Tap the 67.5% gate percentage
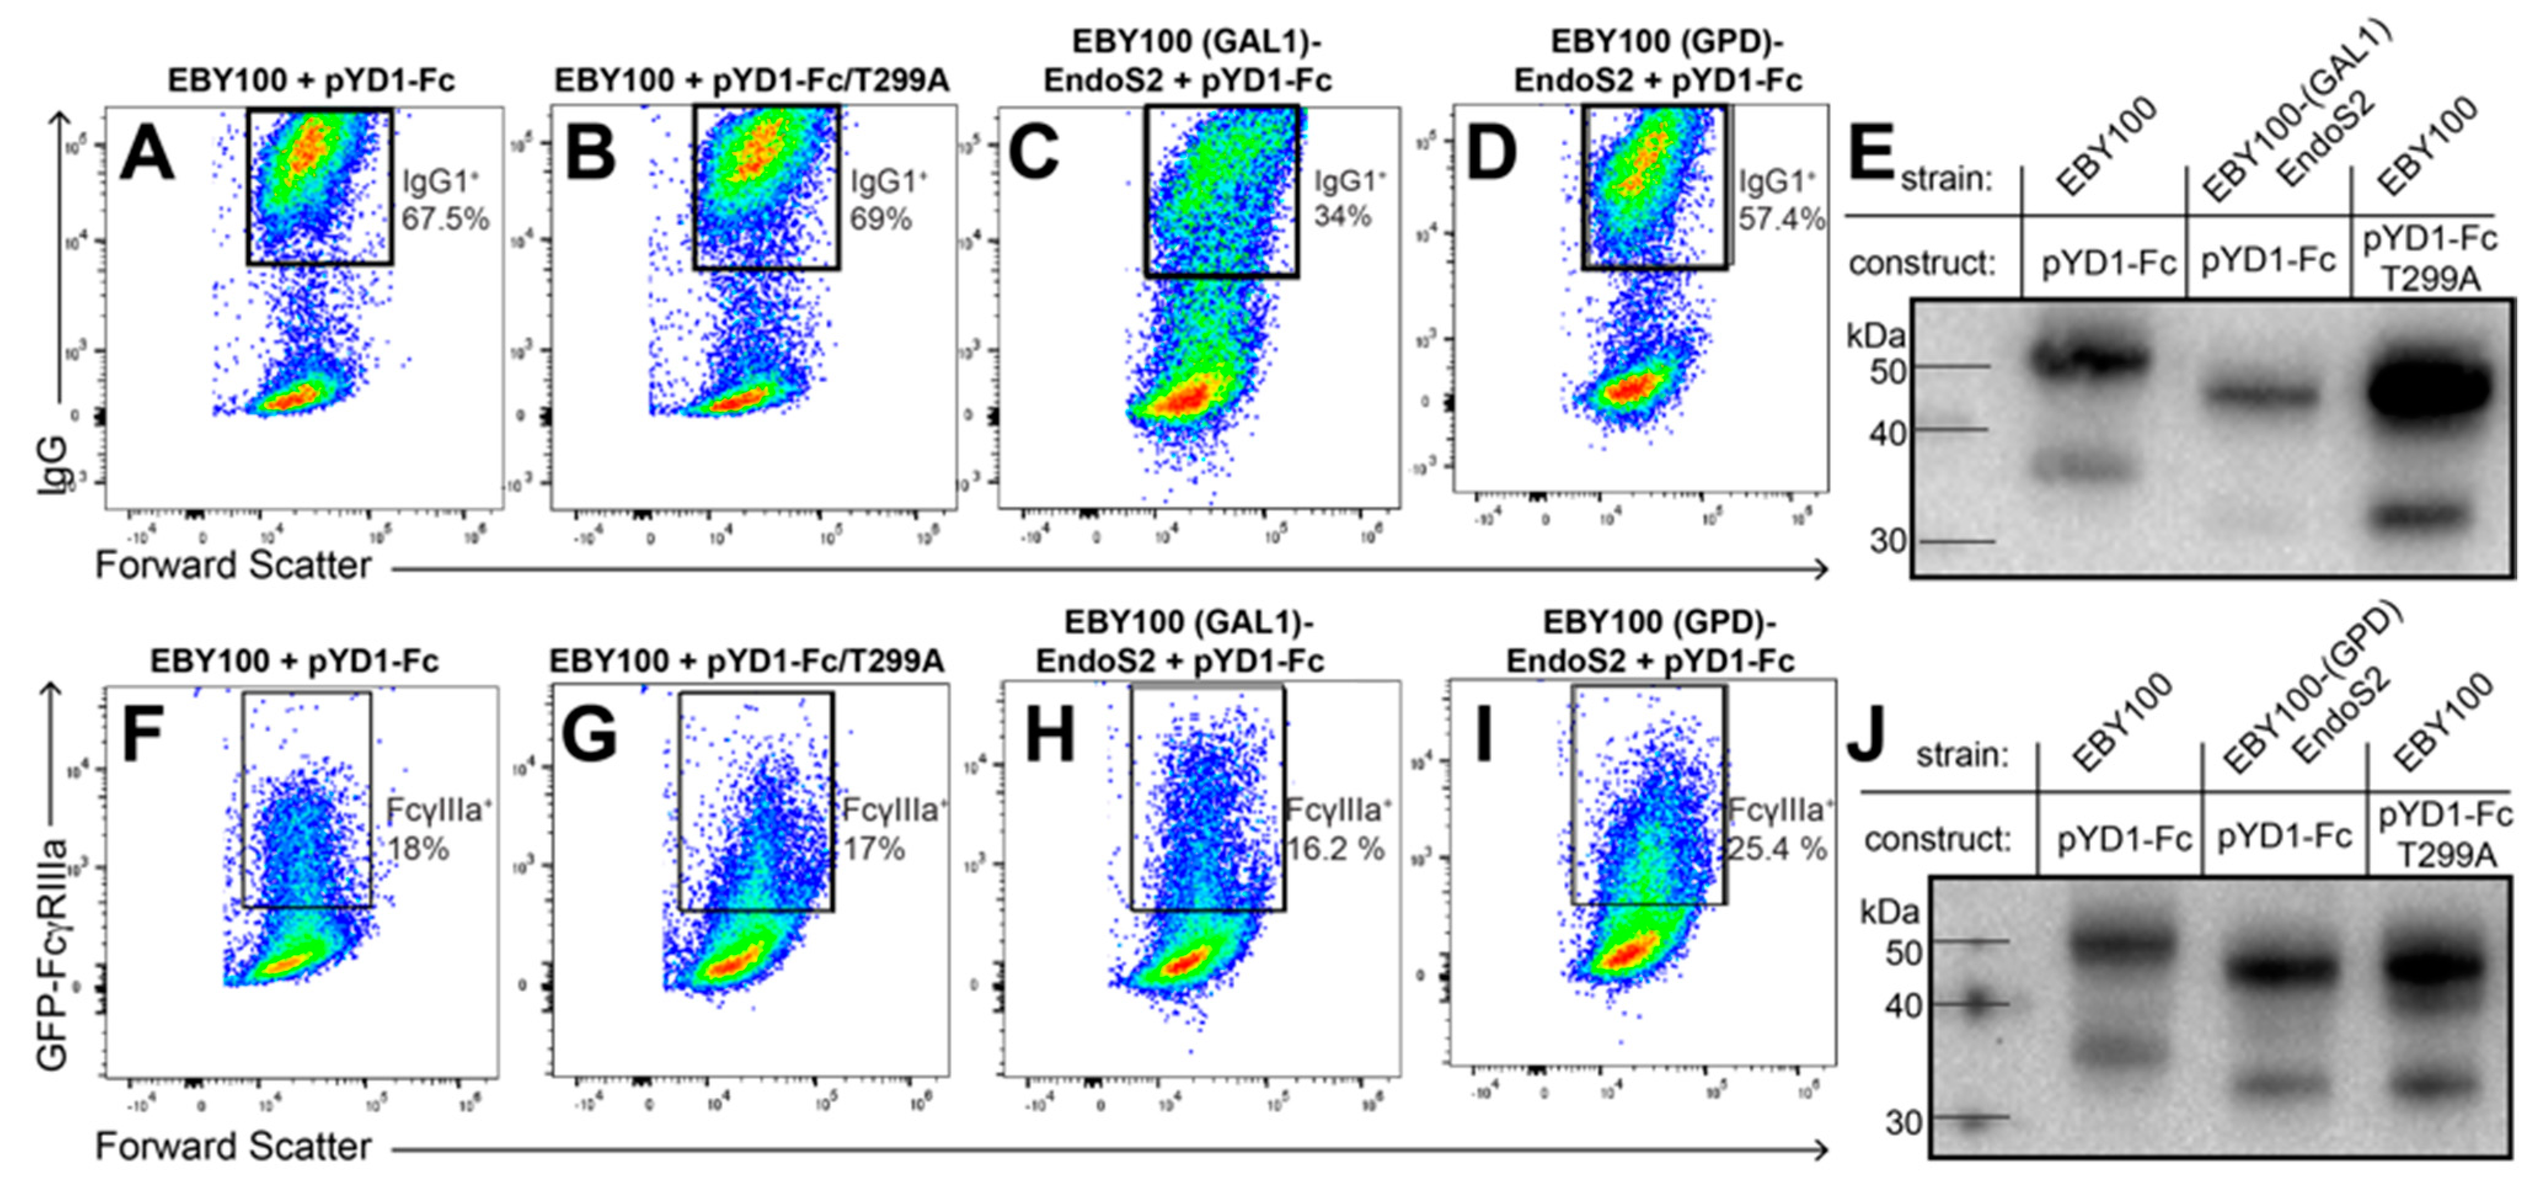(x=445, y=218)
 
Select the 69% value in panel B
(x=880, y=218)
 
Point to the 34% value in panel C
(x=1342, y=215)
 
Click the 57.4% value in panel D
(x=1781, y=218)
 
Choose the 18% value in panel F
(x=418, y=848)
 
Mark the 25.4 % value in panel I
(x=1776, y=848)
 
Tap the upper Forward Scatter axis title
(x=233, y=565)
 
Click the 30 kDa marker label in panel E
(x=1885, y=542)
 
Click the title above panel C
(x=1188, y=61)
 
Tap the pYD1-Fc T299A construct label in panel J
(x=2445, y=835)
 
